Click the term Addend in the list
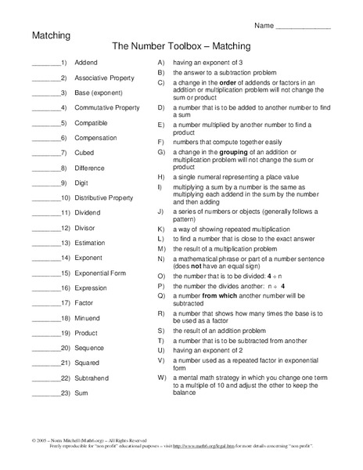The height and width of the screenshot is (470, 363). click(85, 62)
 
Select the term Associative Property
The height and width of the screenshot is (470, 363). click(104, 78)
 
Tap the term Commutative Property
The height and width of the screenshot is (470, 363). click(106, 107)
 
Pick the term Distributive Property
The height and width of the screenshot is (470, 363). click(103, 197)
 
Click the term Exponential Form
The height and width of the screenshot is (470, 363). click(99, 272)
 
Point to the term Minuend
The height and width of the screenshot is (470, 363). click(87, 317)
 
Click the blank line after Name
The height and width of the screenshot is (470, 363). click(304, 27)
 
